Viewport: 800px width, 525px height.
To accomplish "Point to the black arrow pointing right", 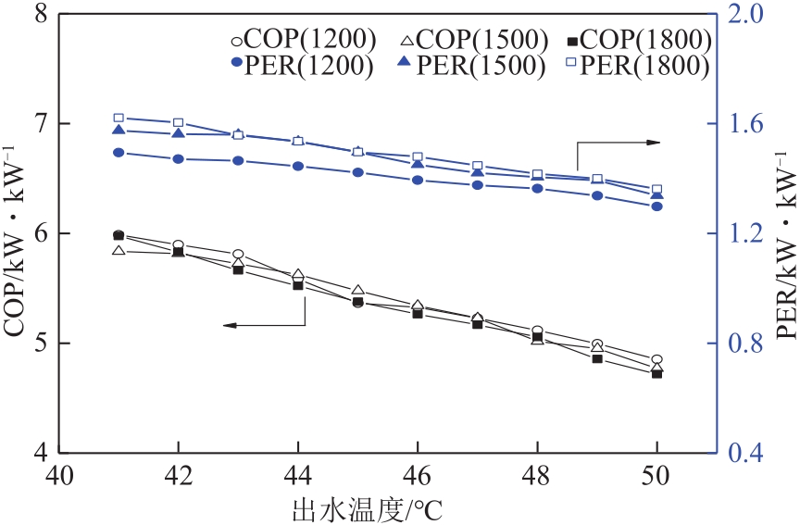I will click(x=619, y=143).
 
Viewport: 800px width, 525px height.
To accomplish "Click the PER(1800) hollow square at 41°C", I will click(x=119, y=118).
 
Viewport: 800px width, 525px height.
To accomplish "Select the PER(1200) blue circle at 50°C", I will click(x=656, y=206).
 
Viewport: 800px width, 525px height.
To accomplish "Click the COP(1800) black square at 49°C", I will click(x=597, y=358).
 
